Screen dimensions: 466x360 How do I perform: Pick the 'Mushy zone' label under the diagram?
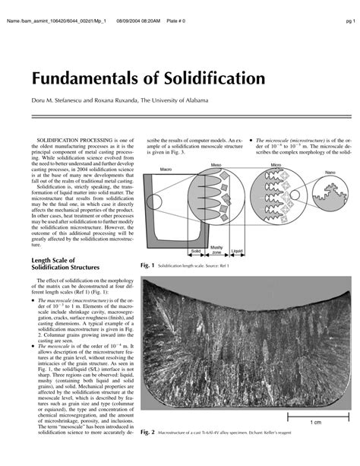coord(216,249)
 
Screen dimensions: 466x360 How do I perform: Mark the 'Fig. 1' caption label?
coord(143,266)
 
